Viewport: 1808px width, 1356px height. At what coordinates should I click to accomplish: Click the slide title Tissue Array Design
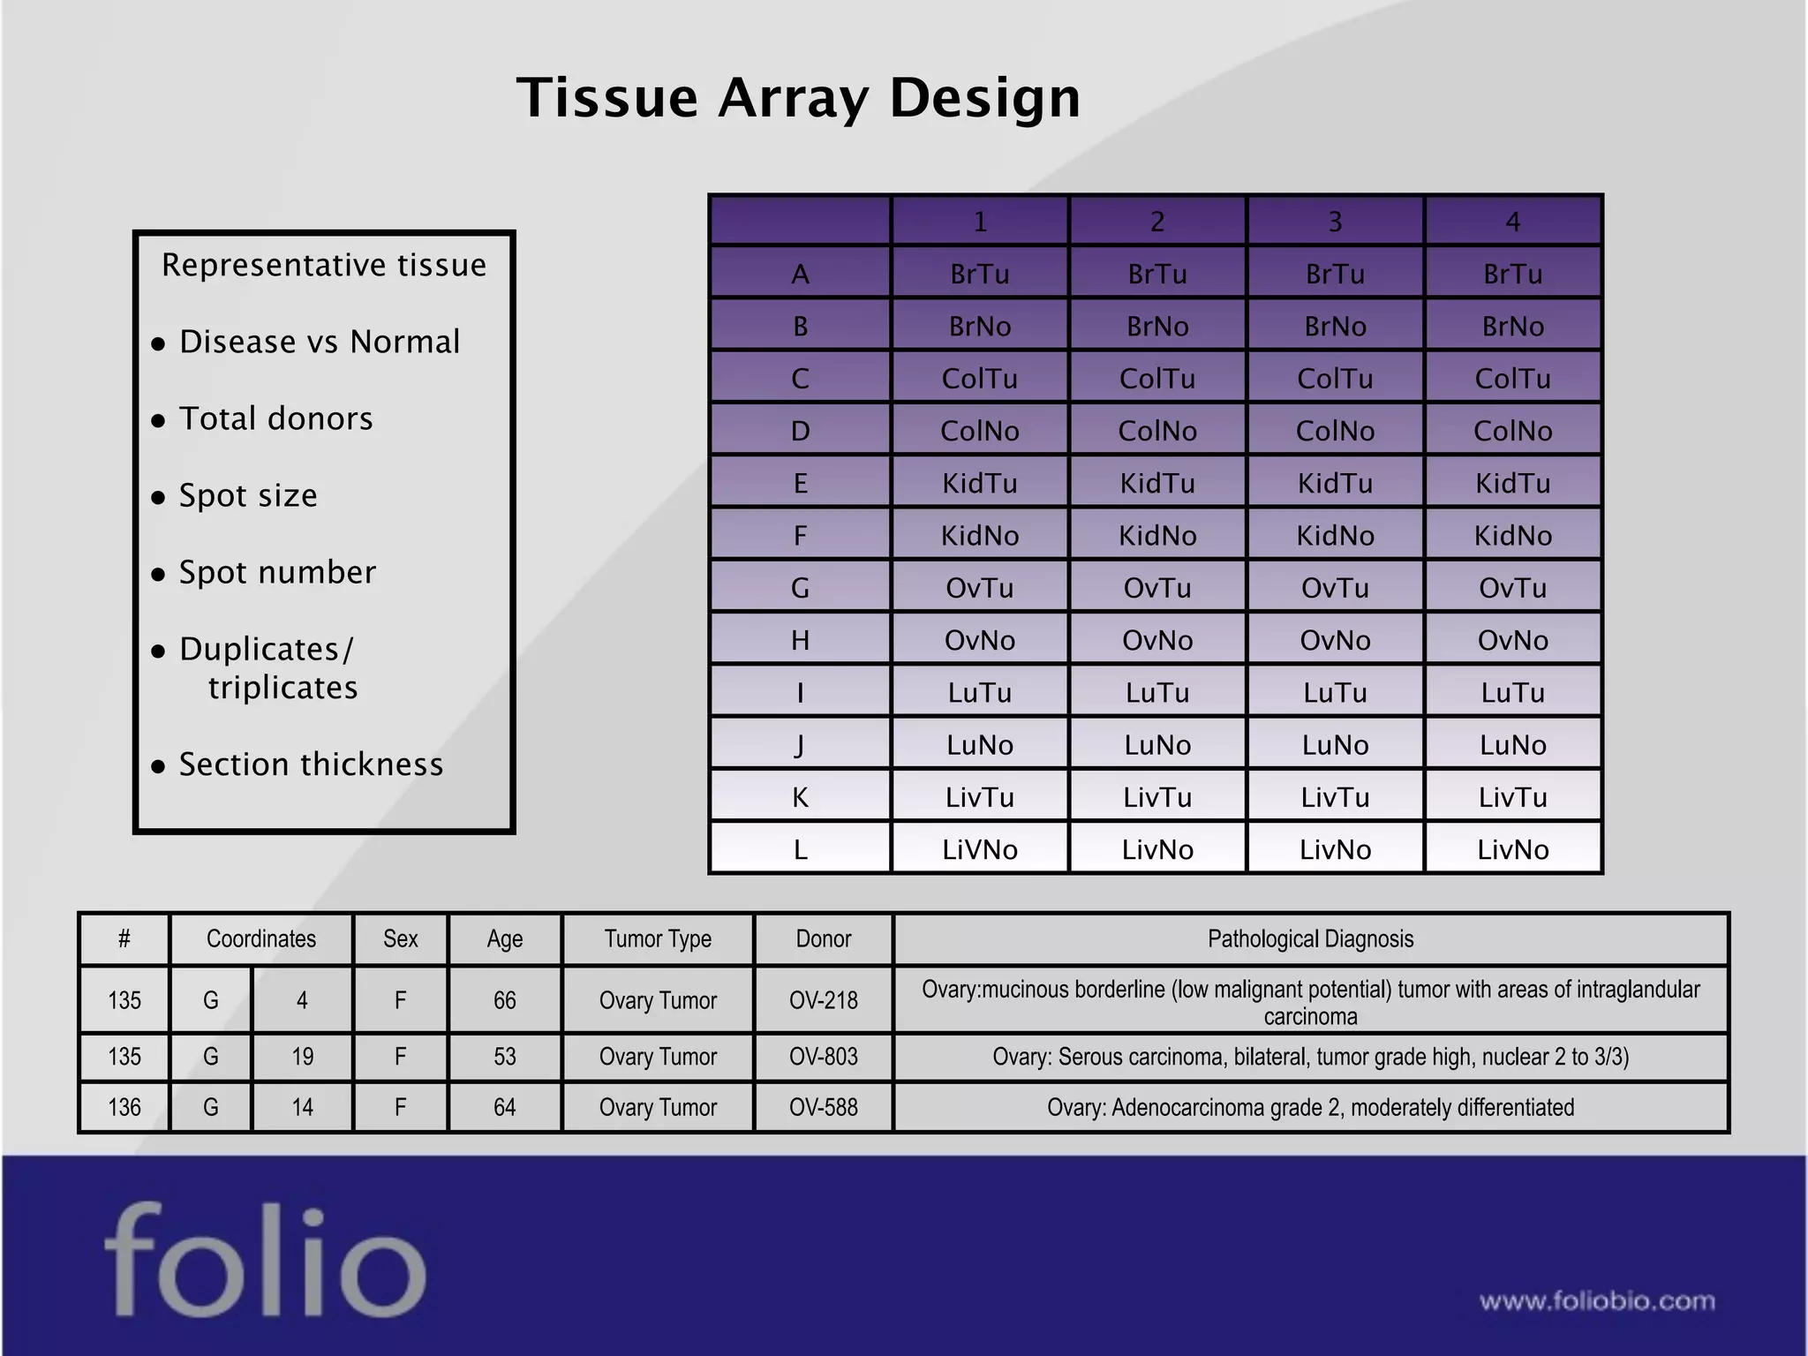click(x=798, y=97)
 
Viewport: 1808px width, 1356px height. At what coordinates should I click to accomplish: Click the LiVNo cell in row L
click(x=979, y=849)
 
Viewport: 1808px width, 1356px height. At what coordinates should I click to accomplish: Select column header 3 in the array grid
click(x=1335, y=222)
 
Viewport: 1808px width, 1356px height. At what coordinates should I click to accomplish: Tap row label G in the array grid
click(x=800, y=588)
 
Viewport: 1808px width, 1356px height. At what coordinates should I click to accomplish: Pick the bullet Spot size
click(x=248, y=495)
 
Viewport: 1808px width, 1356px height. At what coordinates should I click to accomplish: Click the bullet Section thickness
click(x=311, y=765)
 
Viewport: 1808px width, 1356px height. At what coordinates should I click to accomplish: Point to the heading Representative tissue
click(x=324, y=265)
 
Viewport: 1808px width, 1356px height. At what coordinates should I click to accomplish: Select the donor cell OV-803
click(x=823, y=1057)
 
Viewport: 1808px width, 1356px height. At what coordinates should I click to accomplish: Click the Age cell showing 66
click(x=504, y=1000)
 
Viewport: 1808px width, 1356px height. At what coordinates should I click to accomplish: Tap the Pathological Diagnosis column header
click(x=1310, y=938)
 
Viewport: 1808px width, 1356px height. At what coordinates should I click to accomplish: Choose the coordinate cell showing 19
click(x=302, y=1057)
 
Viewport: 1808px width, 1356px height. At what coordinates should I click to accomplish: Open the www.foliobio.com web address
click(x=1597, y=1301)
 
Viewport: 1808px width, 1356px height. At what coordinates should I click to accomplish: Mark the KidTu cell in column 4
click(x=1512, y=483)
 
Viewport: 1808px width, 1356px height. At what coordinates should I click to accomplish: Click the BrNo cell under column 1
click(x=979, y=327)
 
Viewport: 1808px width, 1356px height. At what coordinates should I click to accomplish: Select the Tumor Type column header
click(x=658, y=938)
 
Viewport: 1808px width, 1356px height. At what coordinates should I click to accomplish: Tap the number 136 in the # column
click(x=124, y=1107)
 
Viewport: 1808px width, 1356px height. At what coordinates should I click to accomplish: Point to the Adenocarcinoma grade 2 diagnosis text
click(x=1310, y=1107)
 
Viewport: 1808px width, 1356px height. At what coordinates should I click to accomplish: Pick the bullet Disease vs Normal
click(x=319, y=342)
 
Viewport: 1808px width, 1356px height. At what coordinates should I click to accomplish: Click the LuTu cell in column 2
click(x=1156, y=692)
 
